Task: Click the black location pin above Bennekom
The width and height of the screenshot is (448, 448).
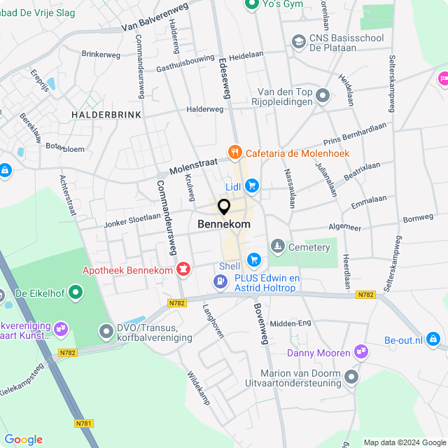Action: coord(224,207)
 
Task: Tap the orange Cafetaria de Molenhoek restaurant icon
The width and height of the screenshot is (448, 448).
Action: coord(234,153)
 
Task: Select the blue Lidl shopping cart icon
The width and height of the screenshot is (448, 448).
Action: coord(252,185)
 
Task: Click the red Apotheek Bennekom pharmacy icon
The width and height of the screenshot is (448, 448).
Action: coord(183,269)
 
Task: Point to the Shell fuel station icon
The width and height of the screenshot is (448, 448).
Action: coord(220,281)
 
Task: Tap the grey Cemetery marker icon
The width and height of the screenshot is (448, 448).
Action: coord(278,246)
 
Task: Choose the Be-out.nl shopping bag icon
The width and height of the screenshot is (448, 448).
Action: coord(434,339)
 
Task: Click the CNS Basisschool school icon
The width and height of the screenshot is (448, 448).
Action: coord(299,43)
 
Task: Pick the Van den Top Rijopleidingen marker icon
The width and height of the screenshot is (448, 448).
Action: coord(323,94)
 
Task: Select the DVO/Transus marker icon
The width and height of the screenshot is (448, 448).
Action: coord(106,330)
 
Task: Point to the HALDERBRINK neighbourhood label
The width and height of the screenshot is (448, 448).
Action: coord(106,114)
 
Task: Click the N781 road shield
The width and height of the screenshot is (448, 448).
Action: coord(83,423)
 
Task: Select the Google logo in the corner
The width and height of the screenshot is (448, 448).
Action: coord(24,439)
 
